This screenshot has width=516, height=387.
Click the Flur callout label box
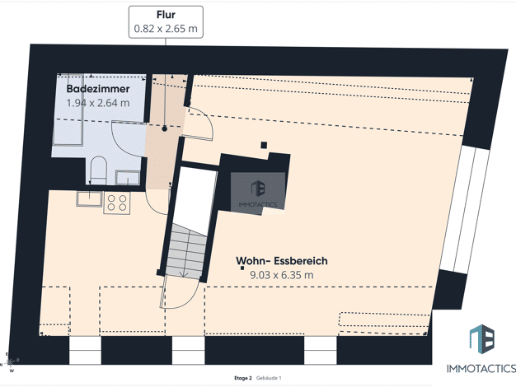click(166, 21)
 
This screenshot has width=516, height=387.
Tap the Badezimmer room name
click(98, 89)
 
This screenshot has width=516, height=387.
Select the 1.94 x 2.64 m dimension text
click(98, 103)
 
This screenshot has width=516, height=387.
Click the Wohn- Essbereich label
click(282, 261)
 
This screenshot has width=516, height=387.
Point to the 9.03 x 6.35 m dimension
click(282, 275)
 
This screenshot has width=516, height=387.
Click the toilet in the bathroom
click(98, 170)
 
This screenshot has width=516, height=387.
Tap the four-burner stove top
click(117, 203)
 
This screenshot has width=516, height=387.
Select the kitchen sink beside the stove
click(89, 199)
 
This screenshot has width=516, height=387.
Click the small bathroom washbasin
click(128, 178)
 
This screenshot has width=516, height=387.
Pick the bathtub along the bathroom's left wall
click(68, 110)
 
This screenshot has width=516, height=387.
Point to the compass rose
click(10, 362)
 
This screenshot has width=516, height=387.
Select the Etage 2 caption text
click(243, 378)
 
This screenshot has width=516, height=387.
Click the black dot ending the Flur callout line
click(165, 129)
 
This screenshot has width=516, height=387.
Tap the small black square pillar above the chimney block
click(264, 145)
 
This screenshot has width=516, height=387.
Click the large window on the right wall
click(465, 209)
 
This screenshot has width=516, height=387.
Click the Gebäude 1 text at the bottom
click(269, 378)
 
